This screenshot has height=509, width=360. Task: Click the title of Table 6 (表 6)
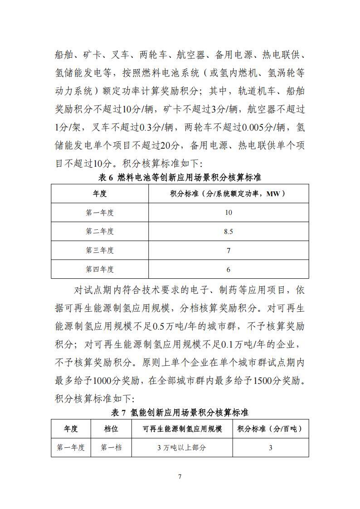pyautogui.click(x=180, y=177)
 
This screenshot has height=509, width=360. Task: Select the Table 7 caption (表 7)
pyautogui.click(x=180, y=412)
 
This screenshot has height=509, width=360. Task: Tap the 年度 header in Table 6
pyautogui.click(x=100, y=194)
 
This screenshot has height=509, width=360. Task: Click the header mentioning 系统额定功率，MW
pyautogui.click(x=228, y=194)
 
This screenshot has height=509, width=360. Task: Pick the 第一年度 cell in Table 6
pyautogui.click(x=100, y=213)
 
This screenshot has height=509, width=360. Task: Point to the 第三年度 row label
pyautogui.click(x=100, y=250)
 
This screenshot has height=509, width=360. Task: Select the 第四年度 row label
pyautogui.click(x=100, y=269)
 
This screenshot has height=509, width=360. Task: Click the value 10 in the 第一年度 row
pyautogui.click(x=228, y=213)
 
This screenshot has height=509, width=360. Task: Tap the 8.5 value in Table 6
pyautogui.click(x=228, y=232)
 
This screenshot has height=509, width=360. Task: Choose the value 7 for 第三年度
pyautogui.click(x=228, y=250)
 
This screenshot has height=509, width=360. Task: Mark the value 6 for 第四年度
pyautogui.click(x=228, y=269)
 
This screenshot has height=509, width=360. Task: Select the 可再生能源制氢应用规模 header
pyautogui.click(x=182, y=429)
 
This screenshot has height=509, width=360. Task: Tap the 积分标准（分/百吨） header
pyautogui.click(x=270, y=429)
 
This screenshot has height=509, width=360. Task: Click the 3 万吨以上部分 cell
pyautogui.click(x=182, y=447)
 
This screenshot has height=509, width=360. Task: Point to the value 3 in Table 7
pyautogui.click(x=270, y=447)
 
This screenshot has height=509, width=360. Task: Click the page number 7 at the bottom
pyautogui.click(x=180, y=476)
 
